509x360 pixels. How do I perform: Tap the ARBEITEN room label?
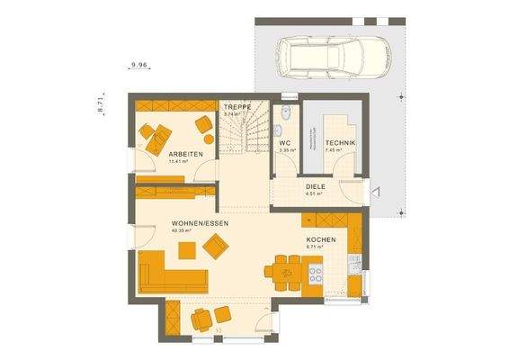click(x=184, y=155)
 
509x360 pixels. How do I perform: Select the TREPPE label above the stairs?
click(x=237, y=107)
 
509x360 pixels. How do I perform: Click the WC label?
click(x=284, y=143)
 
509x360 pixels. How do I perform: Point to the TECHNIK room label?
click(x=341, y=144)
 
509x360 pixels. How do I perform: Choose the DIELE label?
click(x=314, y=186)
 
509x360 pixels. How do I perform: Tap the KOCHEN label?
click(x=320, y=239)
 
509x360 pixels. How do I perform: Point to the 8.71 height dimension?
click(x=100, y=104)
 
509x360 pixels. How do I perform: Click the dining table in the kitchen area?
click(x=289, y=266)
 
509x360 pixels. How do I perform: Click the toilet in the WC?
click(x=285, y=114)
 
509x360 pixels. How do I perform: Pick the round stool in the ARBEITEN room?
click(x=209, y=139)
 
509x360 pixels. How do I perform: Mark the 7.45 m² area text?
click(x=335, y=151)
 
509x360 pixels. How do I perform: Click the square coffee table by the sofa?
click(x=216, y=245)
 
